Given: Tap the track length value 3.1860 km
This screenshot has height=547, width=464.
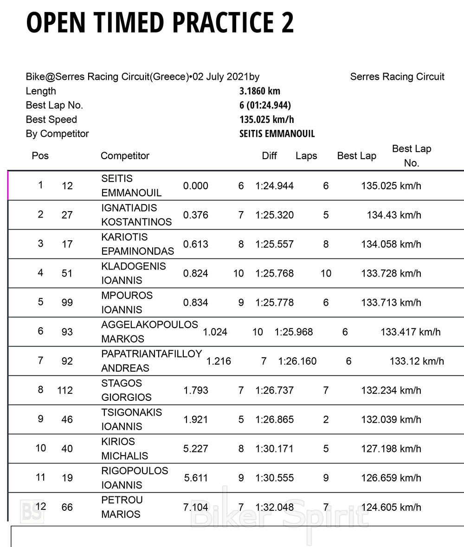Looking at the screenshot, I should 260,91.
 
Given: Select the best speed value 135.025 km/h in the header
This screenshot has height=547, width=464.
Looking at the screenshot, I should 267,120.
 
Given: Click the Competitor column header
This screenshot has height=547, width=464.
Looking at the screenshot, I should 125,156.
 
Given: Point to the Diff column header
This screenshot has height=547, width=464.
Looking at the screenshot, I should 269,156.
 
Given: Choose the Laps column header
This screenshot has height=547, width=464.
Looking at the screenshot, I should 306,156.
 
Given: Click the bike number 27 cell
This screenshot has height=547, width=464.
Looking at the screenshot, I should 67,215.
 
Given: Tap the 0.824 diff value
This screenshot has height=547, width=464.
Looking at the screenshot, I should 196,273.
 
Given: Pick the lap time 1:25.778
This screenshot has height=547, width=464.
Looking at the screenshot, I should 274,302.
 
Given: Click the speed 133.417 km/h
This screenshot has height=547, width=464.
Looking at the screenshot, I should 411,332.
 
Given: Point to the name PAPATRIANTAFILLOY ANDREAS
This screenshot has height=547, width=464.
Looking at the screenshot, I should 152,361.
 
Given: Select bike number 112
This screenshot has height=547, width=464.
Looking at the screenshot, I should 65,390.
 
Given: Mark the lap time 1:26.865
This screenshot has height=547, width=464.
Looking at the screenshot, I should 274,419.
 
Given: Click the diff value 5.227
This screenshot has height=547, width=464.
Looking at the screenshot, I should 196,449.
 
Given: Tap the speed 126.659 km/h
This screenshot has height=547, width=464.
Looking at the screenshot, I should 391,478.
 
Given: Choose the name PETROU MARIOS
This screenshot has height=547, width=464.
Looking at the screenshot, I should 122,507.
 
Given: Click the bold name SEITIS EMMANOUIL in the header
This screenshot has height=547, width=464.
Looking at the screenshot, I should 277,134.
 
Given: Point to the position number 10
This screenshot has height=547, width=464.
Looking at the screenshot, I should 41,448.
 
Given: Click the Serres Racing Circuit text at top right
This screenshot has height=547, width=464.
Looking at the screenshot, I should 397,77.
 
